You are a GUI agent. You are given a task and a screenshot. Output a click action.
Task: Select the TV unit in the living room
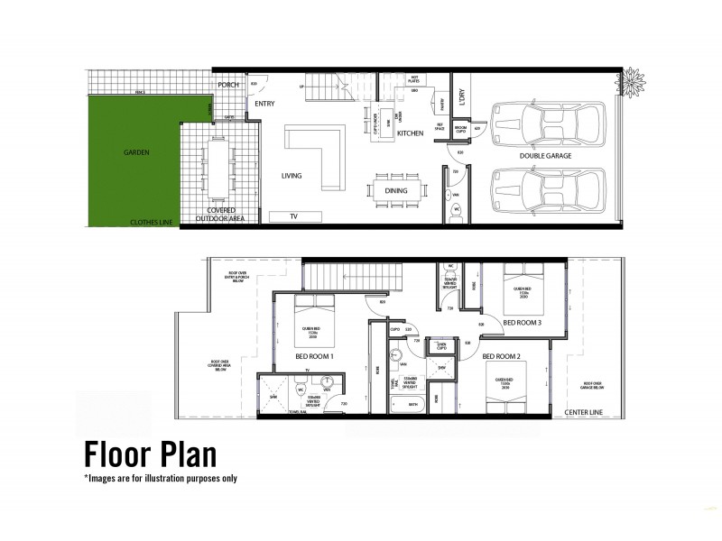click(x=293, y=216)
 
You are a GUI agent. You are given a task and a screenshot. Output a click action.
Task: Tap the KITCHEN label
click(x=411, y=133)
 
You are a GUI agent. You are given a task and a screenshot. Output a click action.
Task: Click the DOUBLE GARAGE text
click(x=544, y=155)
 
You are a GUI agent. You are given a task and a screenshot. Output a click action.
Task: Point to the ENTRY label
click(x=264, y=104)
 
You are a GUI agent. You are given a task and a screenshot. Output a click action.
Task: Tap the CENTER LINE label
click(x=583, y=413)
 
